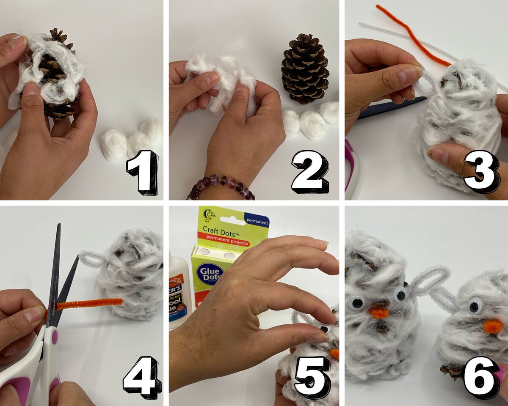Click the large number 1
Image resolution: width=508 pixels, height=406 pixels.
143,173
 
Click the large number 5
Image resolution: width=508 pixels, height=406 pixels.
312,376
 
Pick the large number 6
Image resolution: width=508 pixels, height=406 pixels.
481,376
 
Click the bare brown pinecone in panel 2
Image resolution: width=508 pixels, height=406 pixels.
305,69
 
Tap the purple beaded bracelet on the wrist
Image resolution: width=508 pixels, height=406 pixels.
220,186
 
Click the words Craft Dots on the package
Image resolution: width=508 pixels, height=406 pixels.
222,229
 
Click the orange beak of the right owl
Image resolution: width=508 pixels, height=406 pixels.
492,326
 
